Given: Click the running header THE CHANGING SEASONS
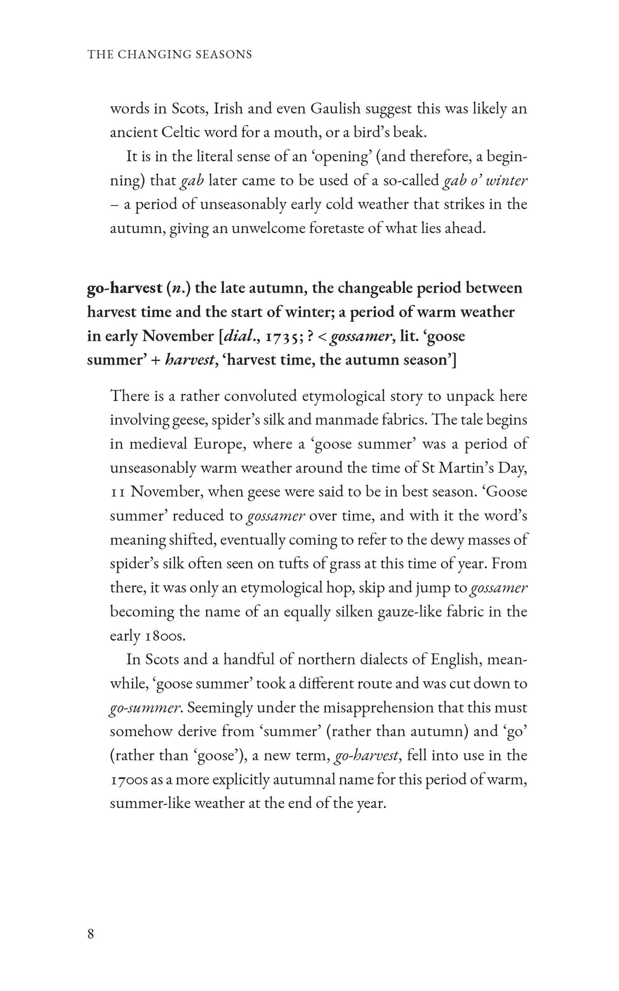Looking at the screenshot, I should pos(170,54).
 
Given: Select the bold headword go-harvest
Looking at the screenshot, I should pos(123,288).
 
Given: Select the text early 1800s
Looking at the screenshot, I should pos(147,636).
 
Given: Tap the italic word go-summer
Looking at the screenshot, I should pos(145,707).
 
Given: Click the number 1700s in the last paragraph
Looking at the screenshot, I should pos(129,779).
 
